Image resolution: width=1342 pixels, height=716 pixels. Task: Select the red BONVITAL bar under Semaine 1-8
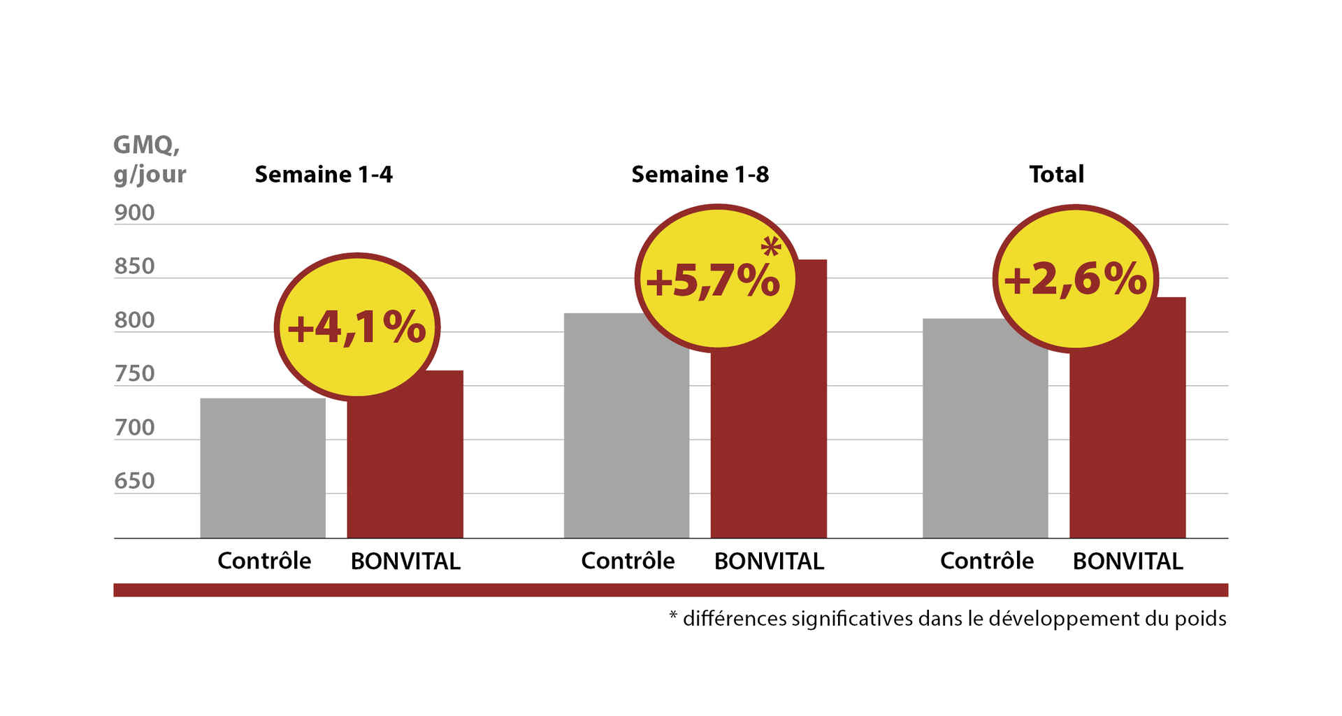(x=769, y=447)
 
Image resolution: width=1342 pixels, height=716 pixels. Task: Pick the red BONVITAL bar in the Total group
(x=1127, y=447)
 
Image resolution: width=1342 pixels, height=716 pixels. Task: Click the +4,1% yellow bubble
(x=356, y=327)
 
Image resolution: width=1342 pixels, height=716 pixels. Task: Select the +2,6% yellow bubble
(x=1075, y=278)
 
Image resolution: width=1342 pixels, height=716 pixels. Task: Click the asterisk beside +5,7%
(x=770, y=247)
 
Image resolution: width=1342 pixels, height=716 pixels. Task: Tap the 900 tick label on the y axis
(x=134, y=213)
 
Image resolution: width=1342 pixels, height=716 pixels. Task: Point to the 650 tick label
(x=134, y=481)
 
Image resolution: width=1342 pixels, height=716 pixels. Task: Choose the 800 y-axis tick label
(x=134, y=320)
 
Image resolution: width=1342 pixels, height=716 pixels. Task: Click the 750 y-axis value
(x=134, y=374)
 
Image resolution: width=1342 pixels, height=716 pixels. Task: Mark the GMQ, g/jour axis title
(x=149, y=159)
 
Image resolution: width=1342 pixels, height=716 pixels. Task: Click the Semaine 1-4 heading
(x=324, y=174)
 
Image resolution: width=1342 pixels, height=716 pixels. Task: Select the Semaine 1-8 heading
(x=700, y=174)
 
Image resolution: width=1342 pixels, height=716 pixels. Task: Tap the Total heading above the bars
(x=1056, y=174)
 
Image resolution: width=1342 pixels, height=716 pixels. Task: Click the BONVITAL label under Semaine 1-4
(x=405, y=561)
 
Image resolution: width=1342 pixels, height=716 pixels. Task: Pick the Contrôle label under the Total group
(x=986, y=561)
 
